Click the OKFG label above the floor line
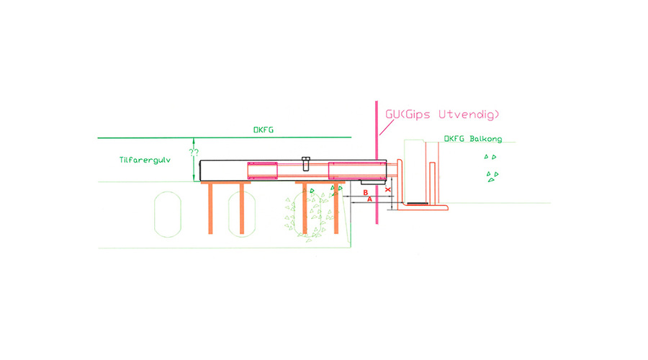[264, 130]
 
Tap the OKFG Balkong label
[469, 138]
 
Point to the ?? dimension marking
[193, 153]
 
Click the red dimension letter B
[365, 193]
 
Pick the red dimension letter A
[369, 200]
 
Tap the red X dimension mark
[388, 190]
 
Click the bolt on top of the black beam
[305, 162]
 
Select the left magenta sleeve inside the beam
[262, 171]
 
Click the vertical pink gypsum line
[377, 166]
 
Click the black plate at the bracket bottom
[416, 203]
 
